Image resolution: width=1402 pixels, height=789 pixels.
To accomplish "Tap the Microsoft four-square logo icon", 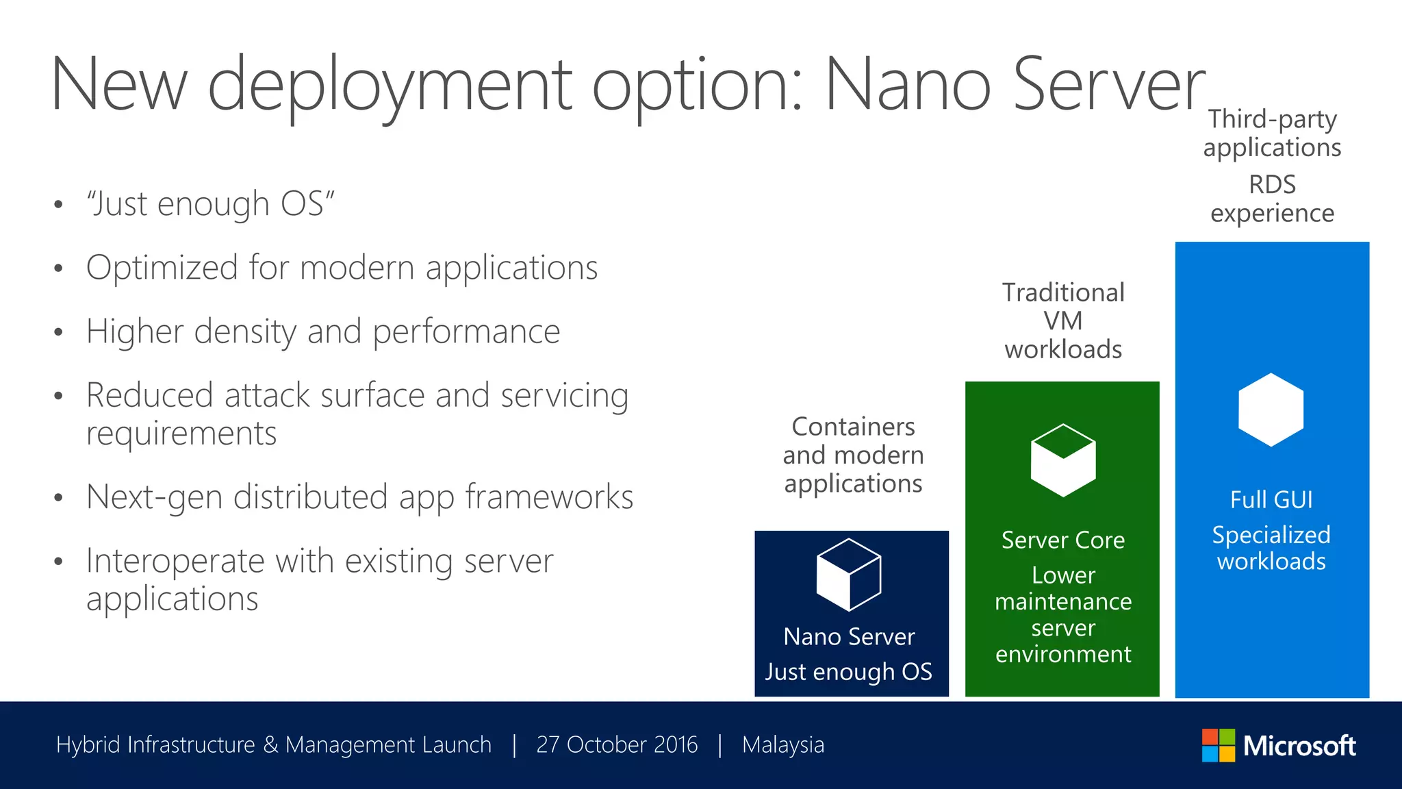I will point(1218,745).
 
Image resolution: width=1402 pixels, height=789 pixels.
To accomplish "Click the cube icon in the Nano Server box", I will point(849,575).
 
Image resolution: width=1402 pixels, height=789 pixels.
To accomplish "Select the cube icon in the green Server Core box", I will point(1063,460).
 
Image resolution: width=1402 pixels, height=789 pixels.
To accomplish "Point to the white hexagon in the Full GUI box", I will point(1271,410).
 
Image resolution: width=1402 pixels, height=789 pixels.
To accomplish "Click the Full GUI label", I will point(1271,500).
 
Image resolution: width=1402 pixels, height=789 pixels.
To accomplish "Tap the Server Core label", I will point(1062,540).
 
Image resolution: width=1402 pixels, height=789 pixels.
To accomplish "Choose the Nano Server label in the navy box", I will point(849,637).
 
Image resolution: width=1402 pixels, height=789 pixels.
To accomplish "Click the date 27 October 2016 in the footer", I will point(617,744).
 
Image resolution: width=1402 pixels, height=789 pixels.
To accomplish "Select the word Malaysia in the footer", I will point(783,744).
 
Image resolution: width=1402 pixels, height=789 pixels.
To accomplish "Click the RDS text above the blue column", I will point(1272,185).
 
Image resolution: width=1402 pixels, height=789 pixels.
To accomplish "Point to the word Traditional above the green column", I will point(1063,292).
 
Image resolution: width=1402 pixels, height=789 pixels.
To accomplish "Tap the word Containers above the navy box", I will point(853,427).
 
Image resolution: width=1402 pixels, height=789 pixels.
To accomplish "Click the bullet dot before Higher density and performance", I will point(59,333).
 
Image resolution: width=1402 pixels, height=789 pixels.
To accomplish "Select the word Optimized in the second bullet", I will point(162,268).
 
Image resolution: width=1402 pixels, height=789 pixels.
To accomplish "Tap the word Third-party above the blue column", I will point(1272,120).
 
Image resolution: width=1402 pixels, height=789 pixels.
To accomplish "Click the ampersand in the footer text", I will point(270,744).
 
